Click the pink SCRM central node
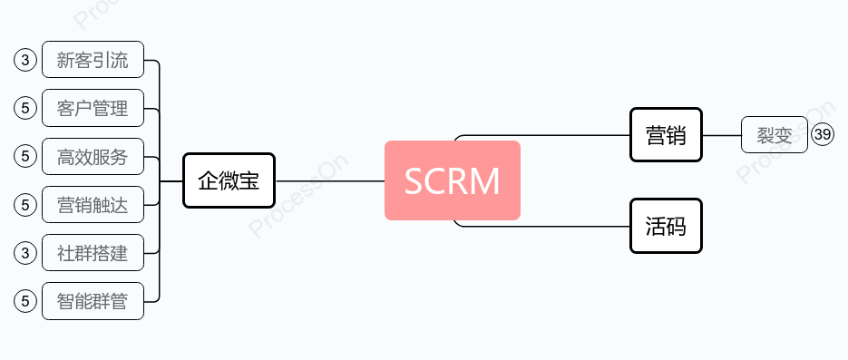pyautogui.click(x=452, y=180)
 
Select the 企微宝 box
pyautogui.click(x=229, y=180)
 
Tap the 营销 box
pyautogui.click(x=666, y=135)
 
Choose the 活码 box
pyautogui.click(x=666, y=226)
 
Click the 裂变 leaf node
pyautogui.click(x=774, y=135)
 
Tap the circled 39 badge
pyautogui.click(x=823, y=135)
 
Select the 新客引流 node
pyautogui.click(x=93, y=61)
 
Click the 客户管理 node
pyautogui.click(x=93, y=109)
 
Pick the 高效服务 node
pyautogui.click(x=93, y=157)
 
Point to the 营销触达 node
pyautogui.click(x=93, y=205)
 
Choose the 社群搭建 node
pyautogui.click(x=93, y=253)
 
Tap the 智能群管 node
pyautogui.click(x=93, y=301)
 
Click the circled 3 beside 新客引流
pyautogui.click(x=25, y=61)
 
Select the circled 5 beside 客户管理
pyautogui.click(x=25, y=109)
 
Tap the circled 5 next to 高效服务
pyautogui.click(x=25, y=157)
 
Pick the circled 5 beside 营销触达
pyautogui.click(x=25, y=205)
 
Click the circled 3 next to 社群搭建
pyautogui.click(x=25, y=253)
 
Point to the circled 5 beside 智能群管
pyautogui.click(x=25, y=301)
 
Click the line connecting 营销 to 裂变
pyautogui.click(x=722, y=135)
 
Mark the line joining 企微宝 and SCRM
pyautogui.click(x=329, y=180)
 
